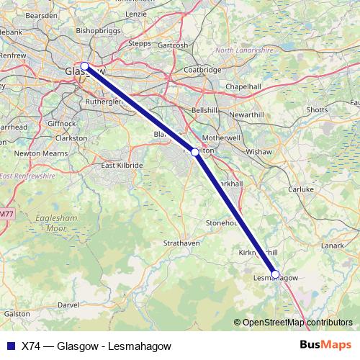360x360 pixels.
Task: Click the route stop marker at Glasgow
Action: click(x=84, y=66)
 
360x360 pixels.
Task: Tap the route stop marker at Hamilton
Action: click(x=194, y=152)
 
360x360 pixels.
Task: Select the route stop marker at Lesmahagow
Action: click(x=275, y=274)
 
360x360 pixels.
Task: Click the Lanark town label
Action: click(x=333, y=246)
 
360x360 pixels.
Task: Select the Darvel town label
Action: click(x=68, y=305)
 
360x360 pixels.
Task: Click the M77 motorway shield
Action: click(x=6, y=214)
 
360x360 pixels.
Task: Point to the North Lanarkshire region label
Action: click(x=246, y=50)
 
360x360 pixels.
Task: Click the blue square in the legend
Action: click(x=9, y=345)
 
